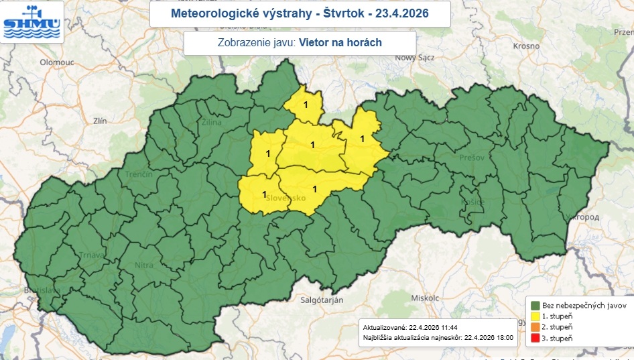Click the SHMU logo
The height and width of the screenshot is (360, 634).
[32, 21]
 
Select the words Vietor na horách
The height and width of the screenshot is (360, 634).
[340, 43]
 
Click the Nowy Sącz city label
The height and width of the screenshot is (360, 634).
[416, 58]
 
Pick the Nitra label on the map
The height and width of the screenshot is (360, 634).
[144, 265]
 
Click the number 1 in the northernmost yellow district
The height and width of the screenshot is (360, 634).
[306, 105]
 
